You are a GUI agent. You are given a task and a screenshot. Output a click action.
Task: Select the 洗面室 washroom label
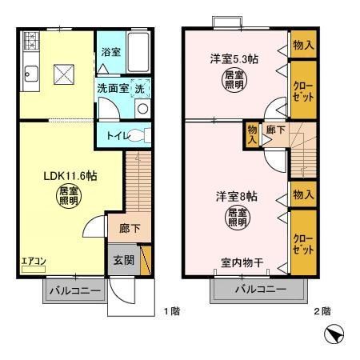[x=113, y=89]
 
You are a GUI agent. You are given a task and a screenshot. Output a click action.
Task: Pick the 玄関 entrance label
[x=123, y=260]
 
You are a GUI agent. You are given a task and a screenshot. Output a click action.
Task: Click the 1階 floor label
[x=170, y=310]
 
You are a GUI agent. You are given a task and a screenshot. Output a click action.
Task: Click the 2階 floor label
[x=321, y=310]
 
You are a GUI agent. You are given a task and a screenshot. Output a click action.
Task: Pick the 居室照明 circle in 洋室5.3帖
[x=234, y=80]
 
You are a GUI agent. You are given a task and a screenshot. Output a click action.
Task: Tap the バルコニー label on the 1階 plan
[x=73, y=291]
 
